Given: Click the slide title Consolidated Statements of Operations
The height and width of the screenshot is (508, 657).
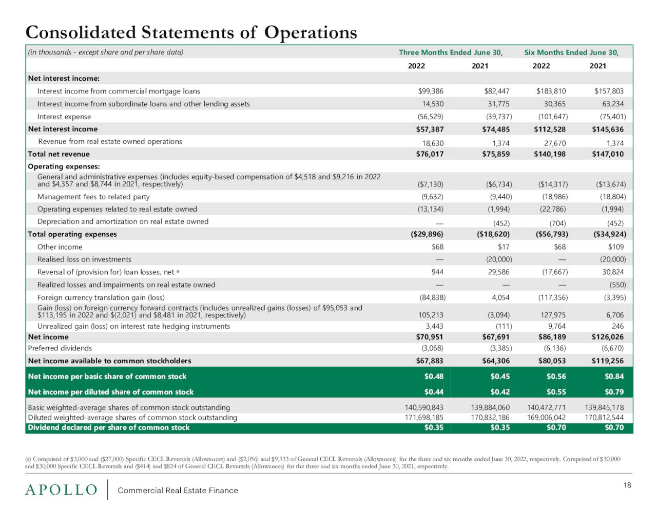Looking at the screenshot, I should (x=191, y=32).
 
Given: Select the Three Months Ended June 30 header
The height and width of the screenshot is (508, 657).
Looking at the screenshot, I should (x=451, y=52).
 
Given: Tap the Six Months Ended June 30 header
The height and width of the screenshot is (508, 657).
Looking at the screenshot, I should (x=571, y=52).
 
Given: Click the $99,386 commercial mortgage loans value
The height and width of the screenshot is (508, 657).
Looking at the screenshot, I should (x=431, y=91).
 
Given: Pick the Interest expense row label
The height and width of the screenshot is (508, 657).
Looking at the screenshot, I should (x=64, y=117).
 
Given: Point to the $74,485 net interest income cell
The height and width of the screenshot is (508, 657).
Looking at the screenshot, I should (x=496, y=129).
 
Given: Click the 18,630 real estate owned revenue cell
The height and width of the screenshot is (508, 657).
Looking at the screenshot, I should (x=433, y=143).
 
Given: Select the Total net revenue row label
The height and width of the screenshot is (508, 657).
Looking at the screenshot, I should (x=59, y=154).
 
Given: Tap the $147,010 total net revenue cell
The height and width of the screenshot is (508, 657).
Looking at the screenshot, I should (x=608, y=154).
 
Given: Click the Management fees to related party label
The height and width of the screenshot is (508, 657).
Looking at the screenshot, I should (x=93, y=197).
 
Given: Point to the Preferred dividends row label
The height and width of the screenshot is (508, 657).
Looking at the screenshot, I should (x=60, y=348).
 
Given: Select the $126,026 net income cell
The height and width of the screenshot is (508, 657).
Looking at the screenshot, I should (x=608, y=337).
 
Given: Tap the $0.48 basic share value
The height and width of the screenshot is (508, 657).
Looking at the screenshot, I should (x=434, y=377).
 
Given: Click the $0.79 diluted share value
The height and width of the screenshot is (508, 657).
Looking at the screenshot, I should (x=614, y=392).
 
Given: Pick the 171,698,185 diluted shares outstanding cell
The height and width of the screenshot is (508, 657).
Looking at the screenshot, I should (x=424, y=418).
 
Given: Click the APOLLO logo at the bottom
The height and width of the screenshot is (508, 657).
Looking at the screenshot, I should (x=61, y=490).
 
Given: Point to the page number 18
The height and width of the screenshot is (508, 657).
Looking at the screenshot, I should (x=627, y=485).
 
